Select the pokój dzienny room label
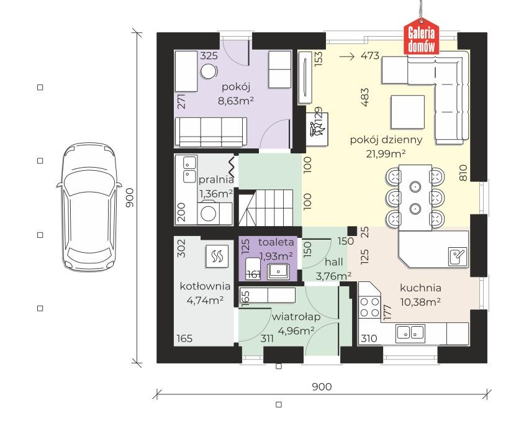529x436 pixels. click(x=386, y=140)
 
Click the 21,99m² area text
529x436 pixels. click(x=386, y=154)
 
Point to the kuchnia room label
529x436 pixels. click(x=420, y=288)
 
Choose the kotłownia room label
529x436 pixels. click(x=205, y=286)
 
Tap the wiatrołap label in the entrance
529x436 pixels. click(x=296, y=317)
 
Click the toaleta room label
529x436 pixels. click(x=276, y=242)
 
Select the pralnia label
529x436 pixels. click(x=216, y=179)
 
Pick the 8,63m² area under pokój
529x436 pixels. click(x=236, y=101)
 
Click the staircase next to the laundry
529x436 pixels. click(x=266, y=207)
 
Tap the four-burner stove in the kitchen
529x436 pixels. click(x=369, y=307)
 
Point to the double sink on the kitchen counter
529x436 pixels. click(x=410, y=332)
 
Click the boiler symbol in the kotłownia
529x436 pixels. click(x=217, y=257)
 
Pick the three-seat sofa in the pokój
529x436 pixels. click(x=211, y=132)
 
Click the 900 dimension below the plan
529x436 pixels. click(x=322, y=386)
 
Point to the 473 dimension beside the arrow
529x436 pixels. click(x=370, y=55)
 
